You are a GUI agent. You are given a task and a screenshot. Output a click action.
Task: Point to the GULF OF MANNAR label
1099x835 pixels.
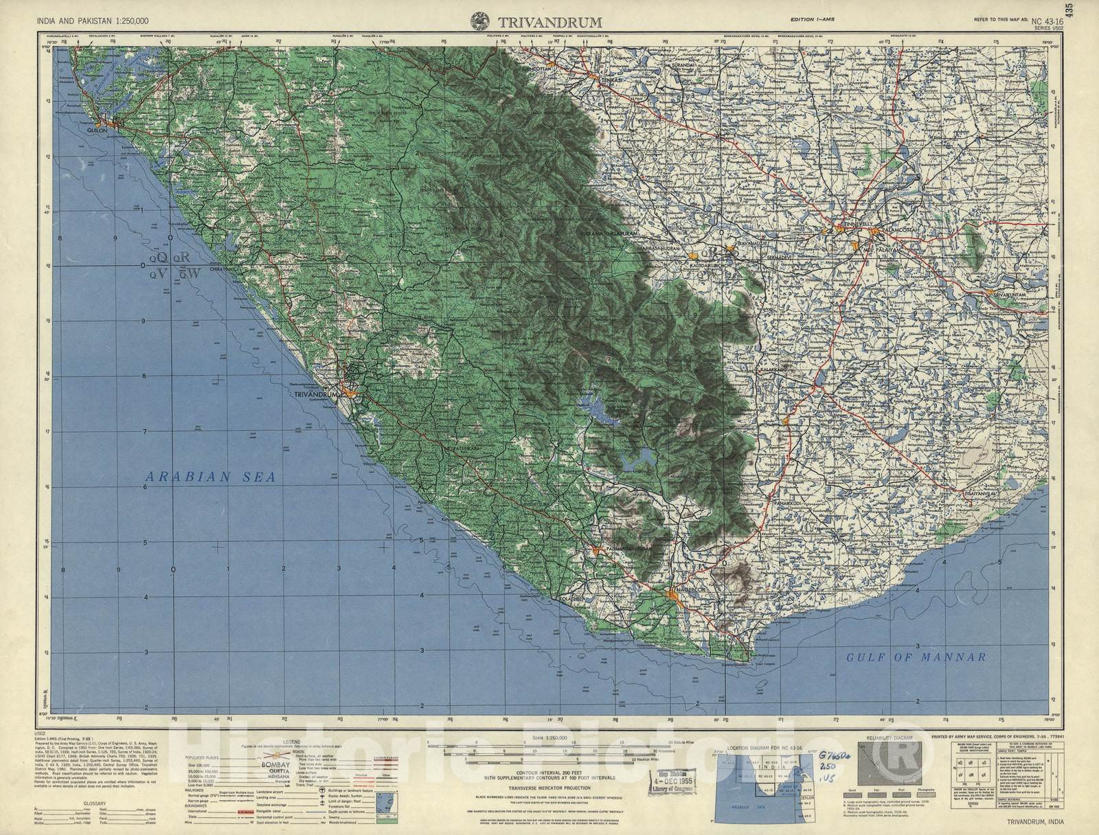pyautogui.click(x=916, y=657)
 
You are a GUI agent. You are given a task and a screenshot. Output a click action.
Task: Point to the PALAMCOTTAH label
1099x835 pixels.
pyautogui.click(x=895, y=231)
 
